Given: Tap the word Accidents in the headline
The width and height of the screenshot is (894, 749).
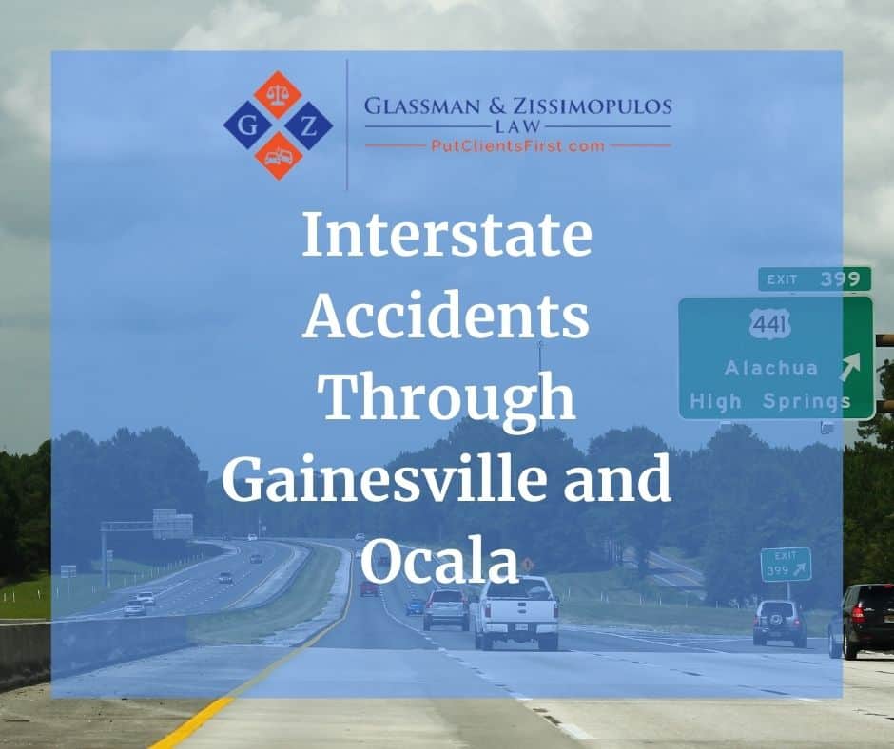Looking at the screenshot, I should coord(446,318).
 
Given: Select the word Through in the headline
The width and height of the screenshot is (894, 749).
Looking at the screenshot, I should coord(446,399).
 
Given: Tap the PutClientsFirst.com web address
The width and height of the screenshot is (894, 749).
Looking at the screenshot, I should coord(517,145).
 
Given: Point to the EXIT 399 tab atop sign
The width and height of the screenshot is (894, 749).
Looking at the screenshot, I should coord(814,278).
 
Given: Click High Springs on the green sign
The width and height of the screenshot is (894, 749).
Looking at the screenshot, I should coord(770,401).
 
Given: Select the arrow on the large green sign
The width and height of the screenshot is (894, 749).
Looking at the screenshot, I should coord(849,364).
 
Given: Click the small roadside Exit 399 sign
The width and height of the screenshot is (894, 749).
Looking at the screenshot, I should coord(786,565).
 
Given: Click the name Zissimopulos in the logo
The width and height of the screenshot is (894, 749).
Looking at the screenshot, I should coord(589,106).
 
